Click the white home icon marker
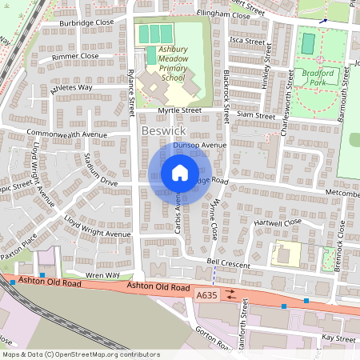(180, 173)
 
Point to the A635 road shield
(206, 295)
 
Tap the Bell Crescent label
(228, 263)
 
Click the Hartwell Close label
(278, 222)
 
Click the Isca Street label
(246, 40)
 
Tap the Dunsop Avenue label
(207, 146)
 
